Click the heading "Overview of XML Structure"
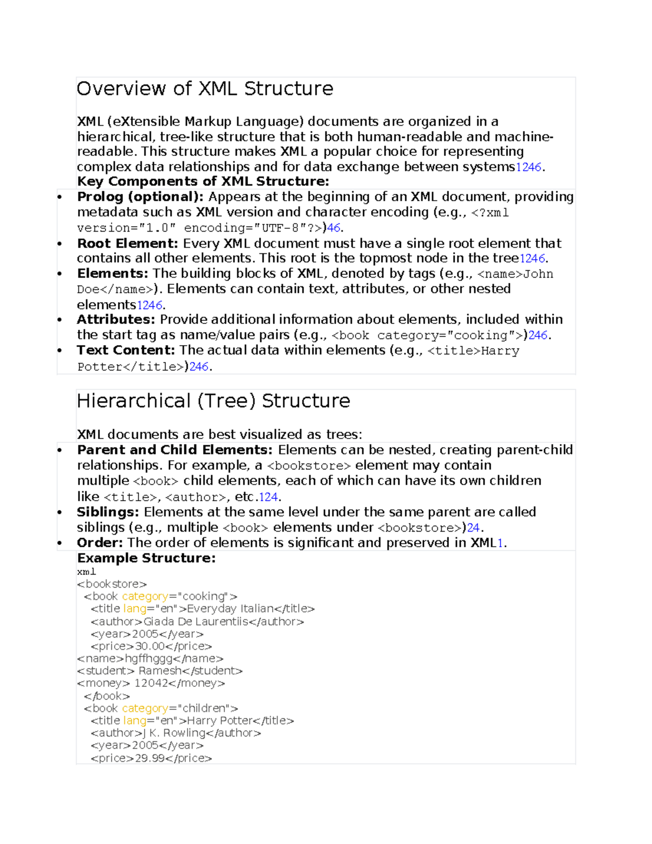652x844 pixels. click(205, 89)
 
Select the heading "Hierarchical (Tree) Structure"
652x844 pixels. click(213, 401)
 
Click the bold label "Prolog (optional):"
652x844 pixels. click(140, 197)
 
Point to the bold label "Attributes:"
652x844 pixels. click(116, 320)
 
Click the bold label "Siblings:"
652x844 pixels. click(108, 512)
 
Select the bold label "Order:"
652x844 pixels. click(99, 542)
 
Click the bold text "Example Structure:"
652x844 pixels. click(146, 558)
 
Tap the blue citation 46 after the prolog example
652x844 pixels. click(334, 228)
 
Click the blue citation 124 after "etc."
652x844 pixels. click(268, 497)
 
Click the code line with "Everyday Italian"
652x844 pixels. click(203, 609)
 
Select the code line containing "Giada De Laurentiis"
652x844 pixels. click(197, 621)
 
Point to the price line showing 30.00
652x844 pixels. click(151, 646)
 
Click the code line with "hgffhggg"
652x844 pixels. click(150, 659)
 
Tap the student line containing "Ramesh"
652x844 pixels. click(160, 671)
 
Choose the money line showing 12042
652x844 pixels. click(151, 683)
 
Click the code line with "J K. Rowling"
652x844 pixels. click(175, 733)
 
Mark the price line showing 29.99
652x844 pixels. click(151, 758)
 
